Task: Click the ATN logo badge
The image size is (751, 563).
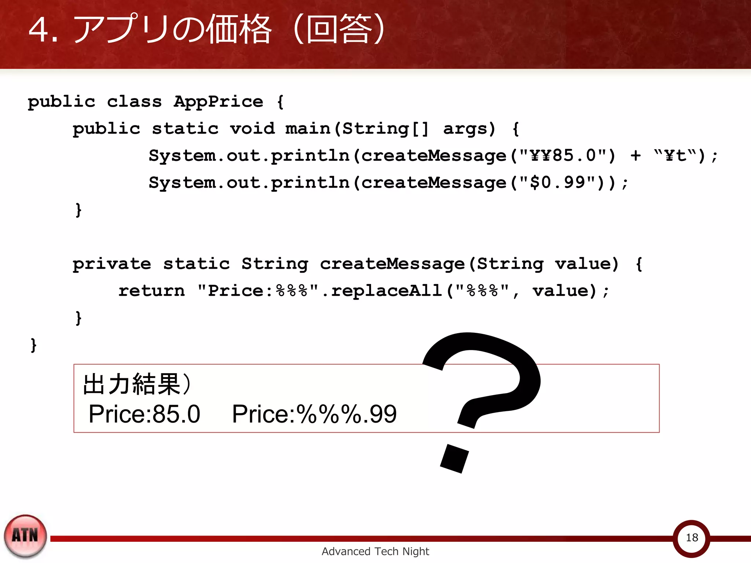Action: point(25,536)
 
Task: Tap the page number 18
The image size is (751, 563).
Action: point(692,538)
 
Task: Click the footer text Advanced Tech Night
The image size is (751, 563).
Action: point(375,551)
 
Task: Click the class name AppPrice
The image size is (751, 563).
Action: point(219,102)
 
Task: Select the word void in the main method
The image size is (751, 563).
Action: point(252,129)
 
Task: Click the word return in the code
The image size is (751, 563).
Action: point(151,291)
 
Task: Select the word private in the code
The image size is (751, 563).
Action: point(112,264)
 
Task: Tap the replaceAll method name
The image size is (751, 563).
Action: point(386,291)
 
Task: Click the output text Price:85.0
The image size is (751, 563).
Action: point(144,414)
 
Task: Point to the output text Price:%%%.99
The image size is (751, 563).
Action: point(314,414)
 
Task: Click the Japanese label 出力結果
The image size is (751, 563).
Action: point(132,384)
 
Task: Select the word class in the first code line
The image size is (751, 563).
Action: point(134,102)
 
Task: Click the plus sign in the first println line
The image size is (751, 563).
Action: point(636,155)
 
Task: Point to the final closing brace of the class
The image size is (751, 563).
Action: point(34,345)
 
